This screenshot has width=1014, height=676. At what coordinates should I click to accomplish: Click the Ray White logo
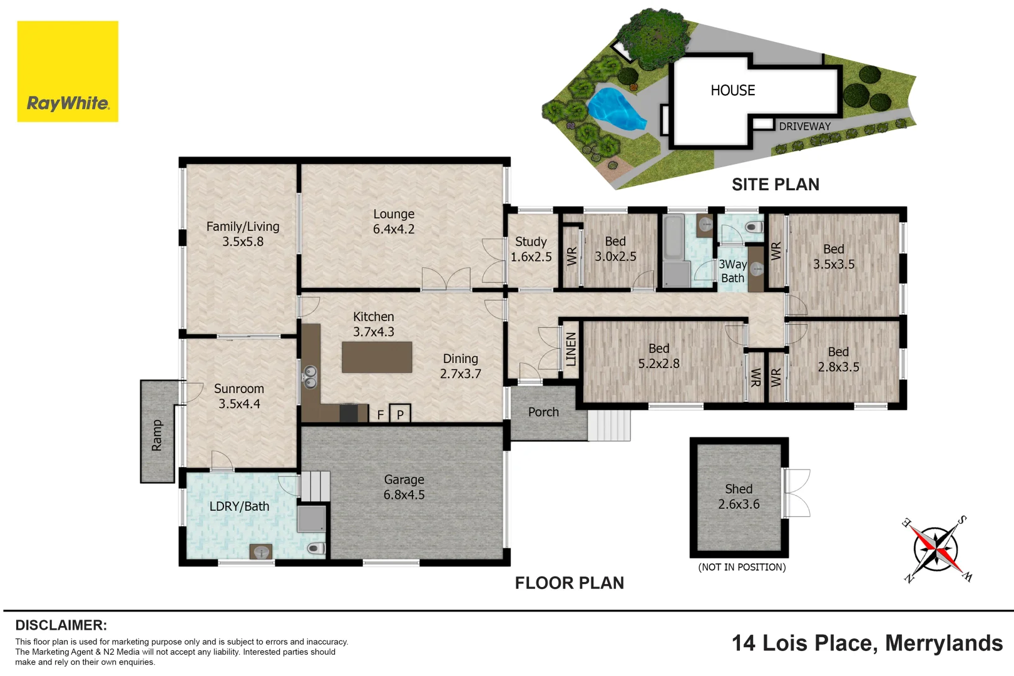(x=68, y=71)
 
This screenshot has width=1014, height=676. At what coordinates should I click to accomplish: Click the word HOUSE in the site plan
(x=732, y=91)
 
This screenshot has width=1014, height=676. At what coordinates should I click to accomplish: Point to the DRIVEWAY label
(x=804, y=126)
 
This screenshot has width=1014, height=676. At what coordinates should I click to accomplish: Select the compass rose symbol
(x=935, y=549)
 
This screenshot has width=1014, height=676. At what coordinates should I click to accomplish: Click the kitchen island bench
(x=377, y=357)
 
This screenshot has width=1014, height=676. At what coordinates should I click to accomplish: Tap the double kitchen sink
(x=310, y=377)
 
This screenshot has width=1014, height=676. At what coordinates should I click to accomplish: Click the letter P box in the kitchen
(x=400, y=414)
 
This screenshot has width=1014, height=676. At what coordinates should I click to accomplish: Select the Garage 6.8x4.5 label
(x=404, y=487)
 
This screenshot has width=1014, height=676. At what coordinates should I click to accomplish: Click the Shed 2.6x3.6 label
(x=739, y=496)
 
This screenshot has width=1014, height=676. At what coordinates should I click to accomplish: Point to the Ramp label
(x=156, y=435)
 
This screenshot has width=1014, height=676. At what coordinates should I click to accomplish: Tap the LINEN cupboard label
(x=571, y=349)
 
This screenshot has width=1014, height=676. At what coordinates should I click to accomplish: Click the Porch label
(x=543, y=412)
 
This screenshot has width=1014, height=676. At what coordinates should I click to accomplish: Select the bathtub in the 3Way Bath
(x=673, y=238)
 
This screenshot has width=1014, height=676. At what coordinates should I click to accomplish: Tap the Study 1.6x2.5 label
(x=531, y=249)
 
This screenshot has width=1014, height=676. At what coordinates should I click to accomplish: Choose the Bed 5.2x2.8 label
(x=658, y=356)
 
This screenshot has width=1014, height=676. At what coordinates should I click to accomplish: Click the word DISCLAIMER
(x=61, y=625)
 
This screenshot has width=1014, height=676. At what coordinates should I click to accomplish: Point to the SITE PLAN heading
(x=775, y=185)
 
